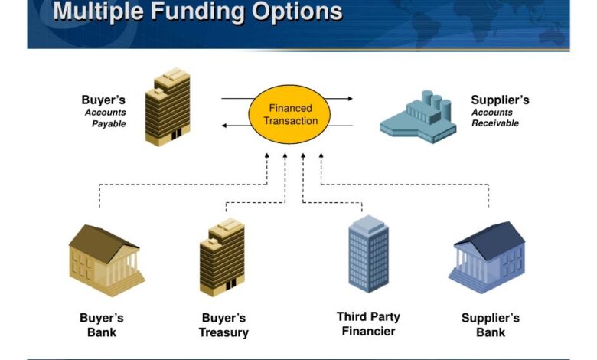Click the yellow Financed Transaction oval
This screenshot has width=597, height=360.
click(x=283, y=115)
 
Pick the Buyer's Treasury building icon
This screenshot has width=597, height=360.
click(x=222, y=257)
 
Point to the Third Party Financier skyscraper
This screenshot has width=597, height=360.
click(x=368, y=254)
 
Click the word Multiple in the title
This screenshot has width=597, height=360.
click(x=99, y=11)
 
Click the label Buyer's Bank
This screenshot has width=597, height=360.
click(x=102, y=325)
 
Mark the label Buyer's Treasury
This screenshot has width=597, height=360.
click(x=223, y=325)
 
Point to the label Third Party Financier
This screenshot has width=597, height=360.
click(x=369, y=324)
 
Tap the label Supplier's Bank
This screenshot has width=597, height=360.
click(x=491, y=325)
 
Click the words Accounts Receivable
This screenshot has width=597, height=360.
click(x=494, y=118)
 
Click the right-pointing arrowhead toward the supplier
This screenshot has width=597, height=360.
click(x=350, y=99)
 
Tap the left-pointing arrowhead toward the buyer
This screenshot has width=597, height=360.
click(x=225, y=125)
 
